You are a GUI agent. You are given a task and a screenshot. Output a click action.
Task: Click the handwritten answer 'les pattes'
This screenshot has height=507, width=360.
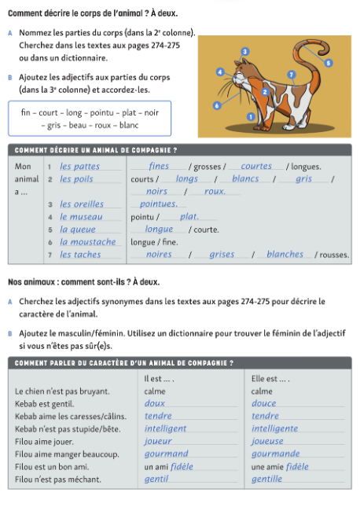point(80,166)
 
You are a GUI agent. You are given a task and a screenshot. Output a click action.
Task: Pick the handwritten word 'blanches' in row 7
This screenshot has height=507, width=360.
point(285,254)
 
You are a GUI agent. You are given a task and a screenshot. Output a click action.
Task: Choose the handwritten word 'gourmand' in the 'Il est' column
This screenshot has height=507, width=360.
point(167,454)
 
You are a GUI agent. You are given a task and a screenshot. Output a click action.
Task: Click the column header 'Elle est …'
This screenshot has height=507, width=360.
point(270,378)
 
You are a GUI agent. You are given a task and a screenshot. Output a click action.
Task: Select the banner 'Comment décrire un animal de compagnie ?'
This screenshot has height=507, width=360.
point(94,150)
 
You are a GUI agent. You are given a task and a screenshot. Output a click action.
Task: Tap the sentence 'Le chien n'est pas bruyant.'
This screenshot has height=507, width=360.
point(62,391)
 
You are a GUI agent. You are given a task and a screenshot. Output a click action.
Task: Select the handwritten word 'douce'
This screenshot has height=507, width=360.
point(264,403)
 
